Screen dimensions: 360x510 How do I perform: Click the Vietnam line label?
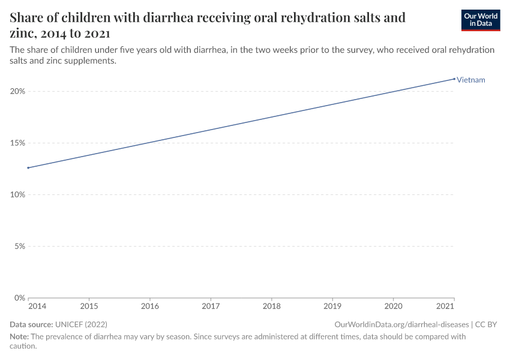tap(470, 80)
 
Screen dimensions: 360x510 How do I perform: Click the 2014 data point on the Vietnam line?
tap(28, 167)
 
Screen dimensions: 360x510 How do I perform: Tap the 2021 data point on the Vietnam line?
tap(454, 79)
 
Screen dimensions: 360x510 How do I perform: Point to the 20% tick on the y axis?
tap(17, 91)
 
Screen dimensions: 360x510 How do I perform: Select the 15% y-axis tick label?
tap(17, 143)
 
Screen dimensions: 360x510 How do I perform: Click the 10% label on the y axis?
tap(17, 194)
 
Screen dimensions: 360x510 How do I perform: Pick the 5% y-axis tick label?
tap(19, 246)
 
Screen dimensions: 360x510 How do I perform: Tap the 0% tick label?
tap(19, 298)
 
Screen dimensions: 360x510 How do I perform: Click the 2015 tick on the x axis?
tap(89, 307)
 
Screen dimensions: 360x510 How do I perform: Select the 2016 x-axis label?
tap(150, 307)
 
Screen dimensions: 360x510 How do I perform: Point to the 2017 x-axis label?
tap(211, 307)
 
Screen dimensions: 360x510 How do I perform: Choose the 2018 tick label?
tap(271, 307)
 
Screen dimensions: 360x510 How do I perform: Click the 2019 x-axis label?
tap(332, 307)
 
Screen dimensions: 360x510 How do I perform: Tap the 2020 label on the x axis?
tap(393, 307)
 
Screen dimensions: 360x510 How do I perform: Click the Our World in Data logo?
tap(480, 20)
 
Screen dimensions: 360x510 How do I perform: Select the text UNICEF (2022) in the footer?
tap(81, 325)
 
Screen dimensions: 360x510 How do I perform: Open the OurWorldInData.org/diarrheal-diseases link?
tap(401, 325)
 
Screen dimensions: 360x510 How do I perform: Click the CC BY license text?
tap(486, 325)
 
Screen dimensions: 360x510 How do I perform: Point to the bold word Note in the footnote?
tap(19, 337)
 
